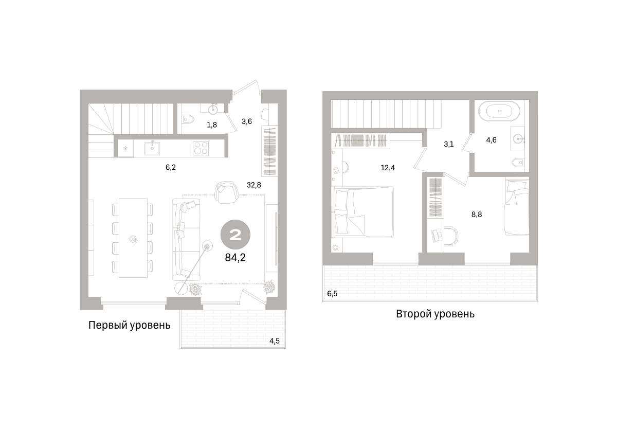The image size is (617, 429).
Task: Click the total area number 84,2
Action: pos(235,258)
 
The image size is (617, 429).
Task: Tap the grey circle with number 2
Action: pos(235,235)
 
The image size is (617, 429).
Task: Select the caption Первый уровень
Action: pos(129,326)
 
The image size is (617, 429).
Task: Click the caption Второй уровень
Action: pos(435,314)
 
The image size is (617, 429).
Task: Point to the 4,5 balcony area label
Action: pos(275,341)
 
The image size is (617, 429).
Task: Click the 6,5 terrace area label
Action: pos(332,294)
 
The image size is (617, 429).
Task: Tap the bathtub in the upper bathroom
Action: pos(499,111)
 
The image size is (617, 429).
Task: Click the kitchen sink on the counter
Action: pos(152,148)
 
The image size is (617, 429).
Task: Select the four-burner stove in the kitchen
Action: pos(201,149)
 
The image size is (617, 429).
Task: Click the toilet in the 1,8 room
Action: pos(188,119)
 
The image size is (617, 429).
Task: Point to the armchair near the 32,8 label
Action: pos(227,192)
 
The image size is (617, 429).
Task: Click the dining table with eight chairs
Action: pos(133,238)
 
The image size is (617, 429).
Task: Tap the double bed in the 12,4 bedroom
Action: pos(364,211)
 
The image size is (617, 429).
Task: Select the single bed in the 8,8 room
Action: pos(517,207)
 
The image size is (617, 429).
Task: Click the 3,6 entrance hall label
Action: pos(246,121)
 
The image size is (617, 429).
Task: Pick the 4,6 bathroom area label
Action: pos(491,140)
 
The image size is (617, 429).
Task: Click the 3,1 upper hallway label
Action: pos(448,145)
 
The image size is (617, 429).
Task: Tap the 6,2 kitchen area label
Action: pos(171,167)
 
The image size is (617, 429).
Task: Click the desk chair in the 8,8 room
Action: pos(450,236)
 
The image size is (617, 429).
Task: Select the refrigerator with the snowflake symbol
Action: pos(125,149)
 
